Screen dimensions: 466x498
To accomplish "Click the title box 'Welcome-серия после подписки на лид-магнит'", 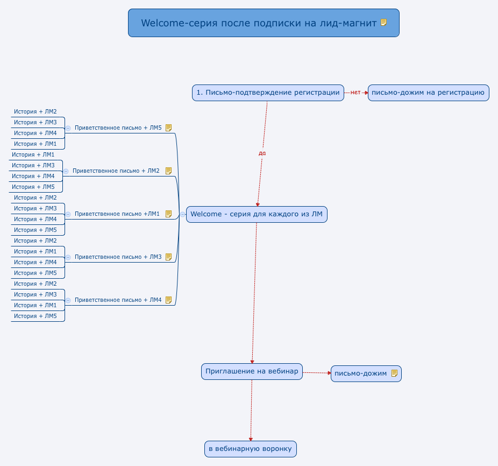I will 258,23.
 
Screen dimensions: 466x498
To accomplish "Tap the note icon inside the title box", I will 383,23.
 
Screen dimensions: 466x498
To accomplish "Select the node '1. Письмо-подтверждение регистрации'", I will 268,93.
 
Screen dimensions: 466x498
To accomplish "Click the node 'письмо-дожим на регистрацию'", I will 428,93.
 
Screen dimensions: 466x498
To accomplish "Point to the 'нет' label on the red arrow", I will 355,93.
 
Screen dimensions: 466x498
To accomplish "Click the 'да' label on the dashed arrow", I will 262,153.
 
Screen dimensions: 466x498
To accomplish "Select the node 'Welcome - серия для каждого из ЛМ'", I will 257,214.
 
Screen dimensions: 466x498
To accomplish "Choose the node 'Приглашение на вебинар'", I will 252,372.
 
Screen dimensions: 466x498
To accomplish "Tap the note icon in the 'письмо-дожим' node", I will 394,373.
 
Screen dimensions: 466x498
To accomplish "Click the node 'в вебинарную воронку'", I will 250,449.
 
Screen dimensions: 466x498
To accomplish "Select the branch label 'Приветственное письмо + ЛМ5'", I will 118,128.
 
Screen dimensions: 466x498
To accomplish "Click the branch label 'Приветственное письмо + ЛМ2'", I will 116,171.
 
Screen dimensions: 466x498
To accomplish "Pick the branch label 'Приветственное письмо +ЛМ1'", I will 117,214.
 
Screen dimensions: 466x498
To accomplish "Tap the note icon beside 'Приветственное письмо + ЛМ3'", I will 168,257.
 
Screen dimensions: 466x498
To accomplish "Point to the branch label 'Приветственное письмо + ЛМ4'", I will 118,300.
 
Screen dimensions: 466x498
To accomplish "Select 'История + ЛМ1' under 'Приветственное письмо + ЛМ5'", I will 35,144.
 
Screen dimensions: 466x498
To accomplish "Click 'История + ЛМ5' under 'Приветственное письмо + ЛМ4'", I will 35,316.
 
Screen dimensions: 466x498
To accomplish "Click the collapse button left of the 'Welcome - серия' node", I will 183,214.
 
